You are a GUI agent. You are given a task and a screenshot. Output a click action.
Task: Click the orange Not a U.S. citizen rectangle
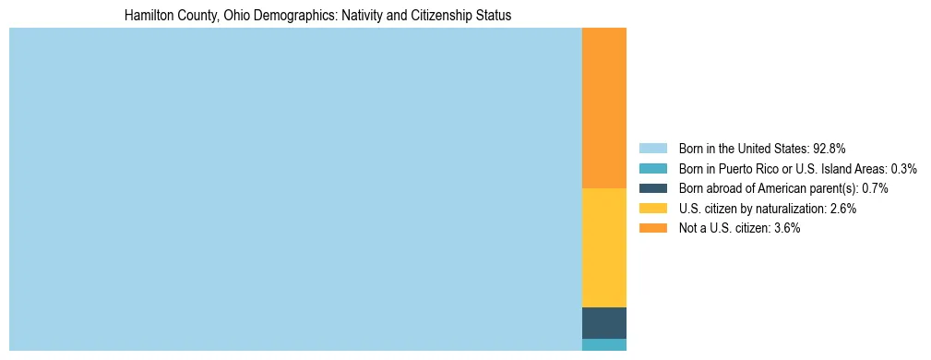click(x=603, y=108)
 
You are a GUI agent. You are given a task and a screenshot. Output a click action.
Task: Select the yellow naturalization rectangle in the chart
click(x=603, y=247)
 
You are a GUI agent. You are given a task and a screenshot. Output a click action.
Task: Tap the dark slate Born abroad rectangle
click(x=603, y=322)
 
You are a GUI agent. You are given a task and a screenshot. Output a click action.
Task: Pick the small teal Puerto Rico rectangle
click(x=603, y=344)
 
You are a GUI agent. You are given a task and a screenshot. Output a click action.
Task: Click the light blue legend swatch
click(x=652, y=148)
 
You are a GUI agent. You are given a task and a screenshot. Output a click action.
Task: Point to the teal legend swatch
click(x=652, y=168)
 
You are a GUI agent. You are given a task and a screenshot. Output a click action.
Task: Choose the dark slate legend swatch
click(x=652, y=188)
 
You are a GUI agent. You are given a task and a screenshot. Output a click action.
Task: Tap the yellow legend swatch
click(x=652, y=209)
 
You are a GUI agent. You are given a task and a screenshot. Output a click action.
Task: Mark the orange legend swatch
click(x=652, y=228)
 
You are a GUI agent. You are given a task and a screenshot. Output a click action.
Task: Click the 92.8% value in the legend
click(x=829, y=148)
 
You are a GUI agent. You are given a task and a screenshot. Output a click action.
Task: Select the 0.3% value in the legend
click(x=902, y=168)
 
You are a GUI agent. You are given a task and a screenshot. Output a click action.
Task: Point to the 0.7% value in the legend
click(x=875, y=188)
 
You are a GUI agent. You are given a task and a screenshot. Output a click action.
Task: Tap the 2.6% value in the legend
click(x=842, y=209)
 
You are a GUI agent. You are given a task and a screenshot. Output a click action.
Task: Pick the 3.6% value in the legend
click(x=785, y=228)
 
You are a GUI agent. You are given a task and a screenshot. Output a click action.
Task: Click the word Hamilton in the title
click(x=148, y=16)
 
